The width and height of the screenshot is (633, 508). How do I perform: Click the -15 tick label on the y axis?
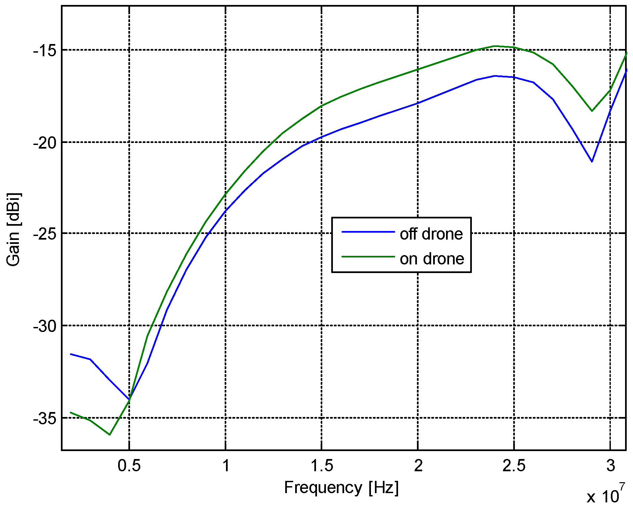pos(45,51)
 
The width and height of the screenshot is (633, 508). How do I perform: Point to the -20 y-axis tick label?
pos(45,143)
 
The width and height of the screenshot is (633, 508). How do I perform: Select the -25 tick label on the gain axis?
pos(45,234)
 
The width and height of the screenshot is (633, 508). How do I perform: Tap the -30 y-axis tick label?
pos(45,326)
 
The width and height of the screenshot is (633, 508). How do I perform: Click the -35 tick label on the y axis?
pos(45,419)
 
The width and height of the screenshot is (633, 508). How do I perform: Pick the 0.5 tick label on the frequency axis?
pos(129,466)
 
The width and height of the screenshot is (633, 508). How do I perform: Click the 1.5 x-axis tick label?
pos(322,466)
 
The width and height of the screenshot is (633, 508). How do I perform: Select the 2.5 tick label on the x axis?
pos(514,466)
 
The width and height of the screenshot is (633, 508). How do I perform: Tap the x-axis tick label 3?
pos(610,466)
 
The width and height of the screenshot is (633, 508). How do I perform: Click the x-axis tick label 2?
pos(418,466)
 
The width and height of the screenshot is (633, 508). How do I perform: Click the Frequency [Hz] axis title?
pos(341,487)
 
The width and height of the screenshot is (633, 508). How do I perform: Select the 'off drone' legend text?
pos(431,234)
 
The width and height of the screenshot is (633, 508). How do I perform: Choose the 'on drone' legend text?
pos(432,259)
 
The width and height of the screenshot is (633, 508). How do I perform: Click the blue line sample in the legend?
pos(368,232)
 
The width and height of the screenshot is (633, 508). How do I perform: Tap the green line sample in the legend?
pos(368,257)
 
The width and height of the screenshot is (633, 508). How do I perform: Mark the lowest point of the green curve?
pos(110,435)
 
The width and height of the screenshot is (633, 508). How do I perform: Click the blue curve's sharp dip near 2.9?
pos(592,162)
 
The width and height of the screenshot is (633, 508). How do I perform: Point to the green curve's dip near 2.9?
pos(592,111)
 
